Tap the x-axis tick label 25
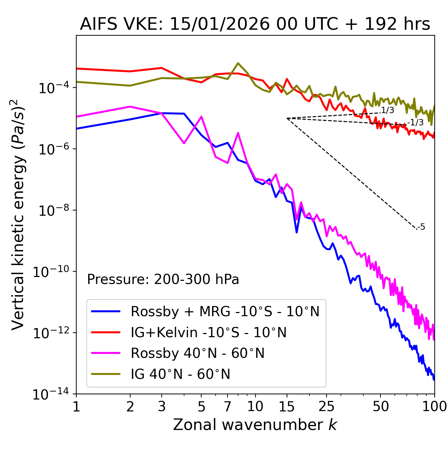pyautogui.click(x=326, y=407)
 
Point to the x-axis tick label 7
pyautogui.click(x=227, y=407)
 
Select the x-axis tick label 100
pyautogui.click(x=434, y=407)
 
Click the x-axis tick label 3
pyautogui.click(x=162, y=407)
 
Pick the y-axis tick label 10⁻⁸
pyautogui.click(x=52, y=211)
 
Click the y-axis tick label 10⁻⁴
pyautogui.click(x=52, y=88)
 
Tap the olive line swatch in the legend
pyautogui.click(x=106, y=374)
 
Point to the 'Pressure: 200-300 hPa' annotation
pyautogui.click(x=163, y=279)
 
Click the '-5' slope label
pyautogui.click(x=421, y=227)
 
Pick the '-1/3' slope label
pyautogui.click(x=415, y=123)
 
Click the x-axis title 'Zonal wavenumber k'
pyautogui.click(x=255, y=425)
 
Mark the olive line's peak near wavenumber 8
pyautogui.click(x=238, y=63)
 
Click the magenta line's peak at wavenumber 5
pyautogui.click(x=201, y=117)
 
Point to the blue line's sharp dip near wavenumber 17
pyautogui.click(x=296, y=232)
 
